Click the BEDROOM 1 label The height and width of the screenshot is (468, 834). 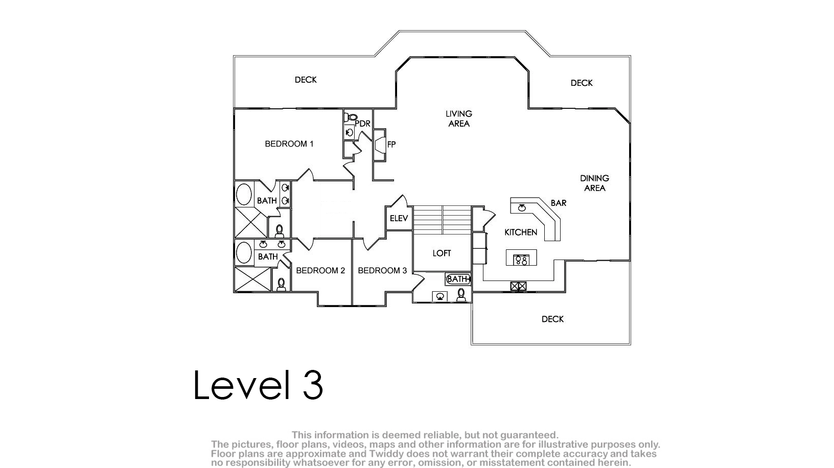point(289,144)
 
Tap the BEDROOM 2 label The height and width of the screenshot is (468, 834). point(320,271)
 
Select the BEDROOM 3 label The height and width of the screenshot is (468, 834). point(382,271)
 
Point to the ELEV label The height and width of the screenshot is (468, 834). point(399,219)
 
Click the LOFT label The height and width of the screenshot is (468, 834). point(442,253)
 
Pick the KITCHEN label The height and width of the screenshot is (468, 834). point(521,232)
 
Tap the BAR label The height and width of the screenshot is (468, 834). point(559,203)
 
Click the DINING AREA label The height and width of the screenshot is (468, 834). point(595,183)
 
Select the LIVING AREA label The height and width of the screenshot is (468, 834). point(459,119)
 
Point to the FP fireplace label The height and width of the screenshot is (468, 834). point(391,145)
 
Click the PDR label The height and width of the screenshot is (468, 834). point(363,124)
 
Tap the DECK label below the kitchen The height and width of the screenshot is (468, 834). point(552,319)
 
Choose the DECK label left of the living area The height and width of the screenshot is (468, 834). point(306,80)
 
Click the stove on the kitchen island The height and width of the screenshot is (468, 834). point(521,260)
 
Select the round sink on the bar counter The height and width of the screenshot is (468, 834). point(522,208)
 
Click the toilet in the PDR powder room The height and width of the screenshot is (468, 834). point(351,118)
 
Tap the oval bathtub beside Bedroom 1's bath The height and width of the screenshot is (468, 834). point(244,194)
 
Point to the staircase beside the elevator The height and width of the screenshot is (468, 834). point(443,220)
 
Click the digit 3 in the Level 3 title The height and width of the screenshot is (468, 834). point(313,385)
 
